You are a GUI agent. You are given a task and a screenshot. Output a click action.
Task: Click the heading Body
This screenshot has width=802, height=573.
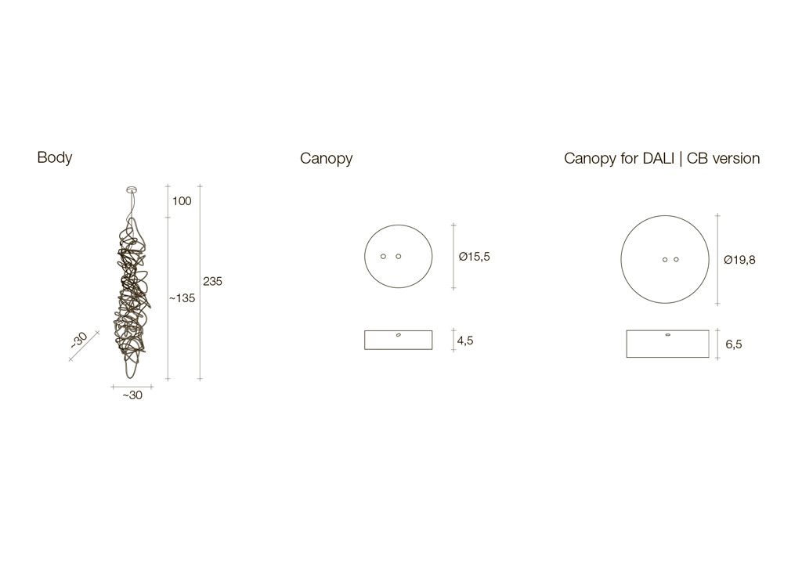click(55, 157)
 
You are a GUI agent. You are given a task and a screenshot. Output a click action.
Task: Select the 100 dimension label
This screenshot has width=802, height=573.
click(182, 201)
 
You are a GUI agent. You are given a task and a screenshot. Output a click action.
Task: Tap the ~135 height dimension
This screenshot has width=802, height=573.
click(182, 298)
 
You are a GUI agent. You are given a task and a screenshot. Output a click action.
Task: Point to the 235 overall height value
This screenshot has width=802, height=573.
click(212, 281)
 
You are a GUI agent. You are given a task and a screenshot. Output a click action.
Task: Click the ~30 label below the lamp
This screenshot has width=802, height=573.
click(132, 395)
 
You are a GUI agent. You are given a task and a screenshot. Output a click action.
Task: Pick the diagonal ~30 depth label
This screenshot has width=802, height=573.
click(79, 340)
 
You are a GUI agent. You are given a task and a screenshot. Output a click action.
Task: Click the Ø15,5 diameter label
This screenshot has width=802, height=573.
click(474, 257)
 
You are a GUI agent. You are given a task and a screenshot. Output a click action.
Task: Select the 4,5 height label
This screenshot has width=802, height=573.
click(465, 341)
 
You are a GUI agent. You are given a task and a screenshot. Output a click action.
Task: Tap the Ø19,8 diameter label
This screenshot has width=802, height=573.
click(739, 260)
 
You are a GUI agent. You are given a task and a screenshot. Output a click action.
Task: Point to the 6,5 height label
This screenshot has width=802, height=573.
click(733, 344)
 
